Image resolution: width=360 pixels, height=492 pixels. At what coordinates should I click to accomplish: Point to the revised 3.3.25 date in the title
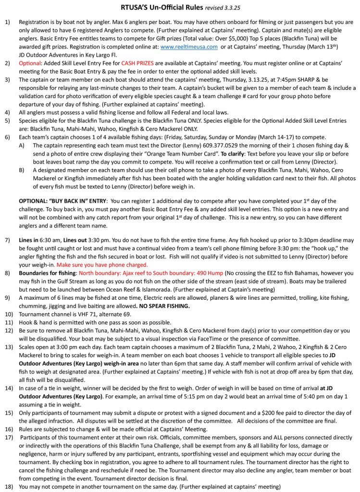tap(223, 8)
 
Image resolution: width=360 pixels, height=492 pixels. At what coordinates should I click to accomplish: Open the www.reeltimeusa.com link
tap(189, 47)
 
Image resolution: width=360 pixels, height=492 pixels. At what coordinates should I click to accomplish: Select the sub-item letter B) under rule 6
tap(23, 170)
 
